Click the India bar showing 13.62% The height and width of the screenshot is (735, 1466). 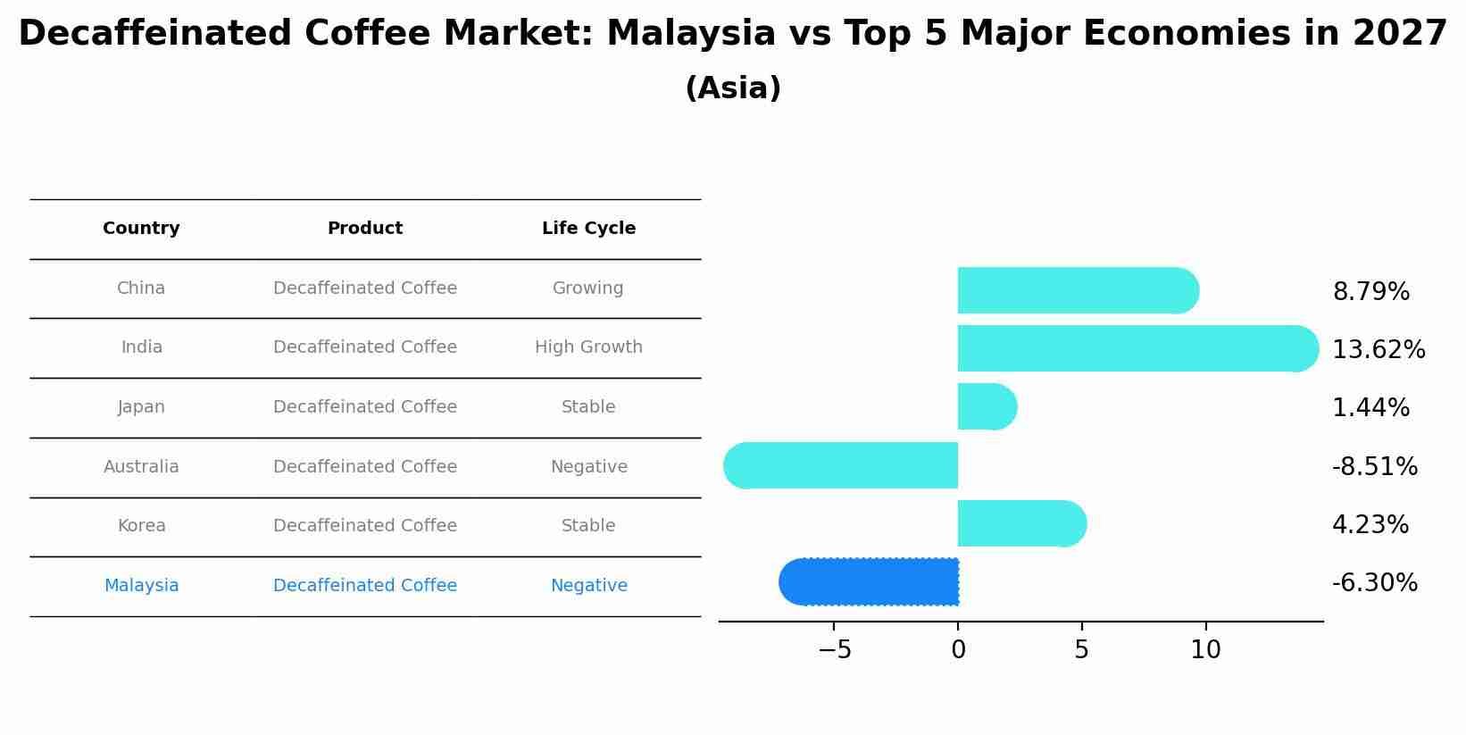(1138, 348)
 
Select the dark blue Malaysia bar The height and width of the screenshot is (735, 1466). (869, 582)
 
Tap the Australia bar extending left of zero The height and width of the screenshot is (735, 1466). (840, 465)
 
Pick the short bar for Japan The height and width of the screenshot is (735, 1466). (987, 406)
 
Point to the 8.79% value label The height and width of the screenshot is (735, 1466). (1371, 291)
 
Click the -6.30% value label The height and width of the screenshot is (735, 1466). (1375, 582)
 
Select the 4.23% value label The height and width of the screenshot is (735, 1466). (1370, 524)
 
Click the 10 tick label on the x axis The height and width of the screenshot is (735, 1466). (1205, 649)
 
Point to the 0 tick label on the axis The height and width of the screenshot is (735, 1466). (958, 649)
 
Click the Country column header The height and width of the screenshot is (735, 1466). (141, 228)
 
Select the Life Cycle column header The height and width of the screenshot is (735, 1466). (589, 228)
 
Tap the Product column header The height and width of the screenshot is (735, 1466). (365, 228)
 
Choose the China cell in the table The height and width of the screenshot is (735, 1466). (141, 288)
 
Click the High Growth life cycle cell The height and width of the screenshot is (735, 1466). (589, 347)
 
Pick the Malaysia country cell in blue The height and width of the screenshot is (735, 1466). (141, 585)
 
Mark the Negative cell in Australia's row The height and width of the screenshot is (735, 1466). (589, 466)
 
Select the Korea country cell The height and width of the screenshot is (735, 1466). (141, 525)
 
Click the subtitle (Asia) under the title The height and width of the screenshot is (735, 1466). (733, 88)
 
